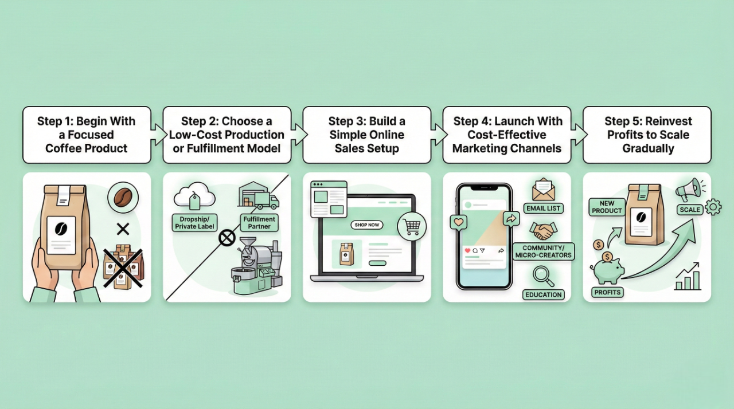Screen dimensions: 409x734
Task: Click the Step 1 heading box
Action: [x=87, y=135]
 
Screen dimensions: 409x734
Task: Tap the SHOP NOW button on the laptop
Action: [x=367, y=225]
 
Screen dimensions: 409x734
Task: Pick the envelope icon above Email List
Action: [x=543, y=190]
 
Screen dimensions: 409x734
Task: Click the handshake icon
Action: [x=542, y=231]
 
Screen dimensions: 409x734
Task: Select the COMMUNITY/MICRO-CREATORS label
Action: [x=543, y=251]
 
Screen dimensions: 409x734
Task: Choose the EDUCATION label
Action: [x=543, y=294]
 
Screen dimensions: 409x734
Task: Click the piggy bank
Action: [x=609, y=270]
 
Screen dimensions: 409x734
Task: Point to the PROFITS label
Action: [x=607, y=292]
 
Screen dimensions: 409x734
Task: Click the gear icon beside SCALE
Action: [x=713, y=207]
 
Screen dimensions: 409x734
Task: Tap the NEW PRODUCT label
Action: [x=607, y=207]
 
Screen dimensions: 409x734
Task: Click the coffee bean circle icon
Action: [x=123, y=198]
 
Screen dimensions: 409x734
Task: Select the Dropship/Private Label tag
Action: [x=194, y=223]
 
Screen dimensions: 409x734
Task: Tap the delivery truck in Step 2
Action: [x=267, y=201]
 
